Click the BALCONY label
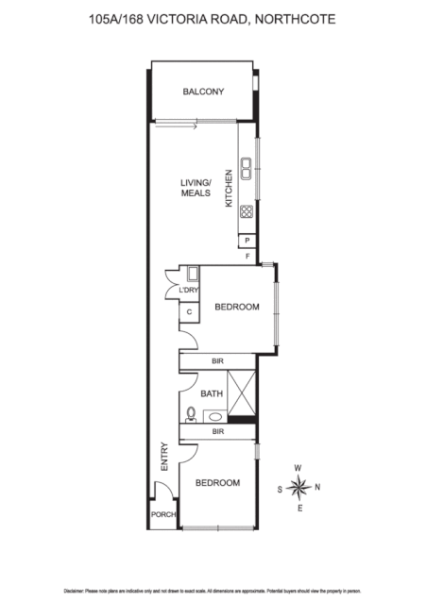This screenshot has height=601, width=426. [203, 92]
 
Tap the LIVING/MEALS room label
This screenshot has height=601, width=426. [196, 188]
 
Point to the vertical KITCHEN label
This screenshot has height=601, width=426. [228, 188]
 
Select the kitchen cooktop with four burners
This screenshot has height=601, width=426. [246, 212]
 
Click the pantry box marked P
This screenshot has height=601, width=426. [246, 241]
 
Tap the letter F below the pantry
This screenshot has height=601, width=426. [247, 256]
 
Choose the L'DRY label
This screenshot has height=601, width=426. [189, 291]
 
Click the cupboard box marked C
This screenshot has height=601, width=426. [189, 312]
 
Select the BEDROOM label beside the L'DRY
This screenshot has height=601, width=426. [236, 307]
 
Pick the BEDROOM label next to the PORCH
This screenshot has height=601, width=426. [217, 483]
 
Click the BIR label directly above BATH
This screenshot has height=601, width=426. [217, 360]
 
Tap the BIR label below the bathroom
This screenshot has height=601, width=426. [217, 431]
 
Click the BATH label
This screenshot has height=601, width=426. [212, 393]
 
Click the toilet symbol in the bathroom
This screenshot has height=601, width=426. [192, 412]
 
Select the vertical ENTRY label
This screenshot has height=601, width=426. [164, 457]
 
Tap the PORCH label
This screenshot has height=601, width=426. [163, 514]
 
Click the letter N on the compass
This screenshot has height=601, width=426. [317, 487]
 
